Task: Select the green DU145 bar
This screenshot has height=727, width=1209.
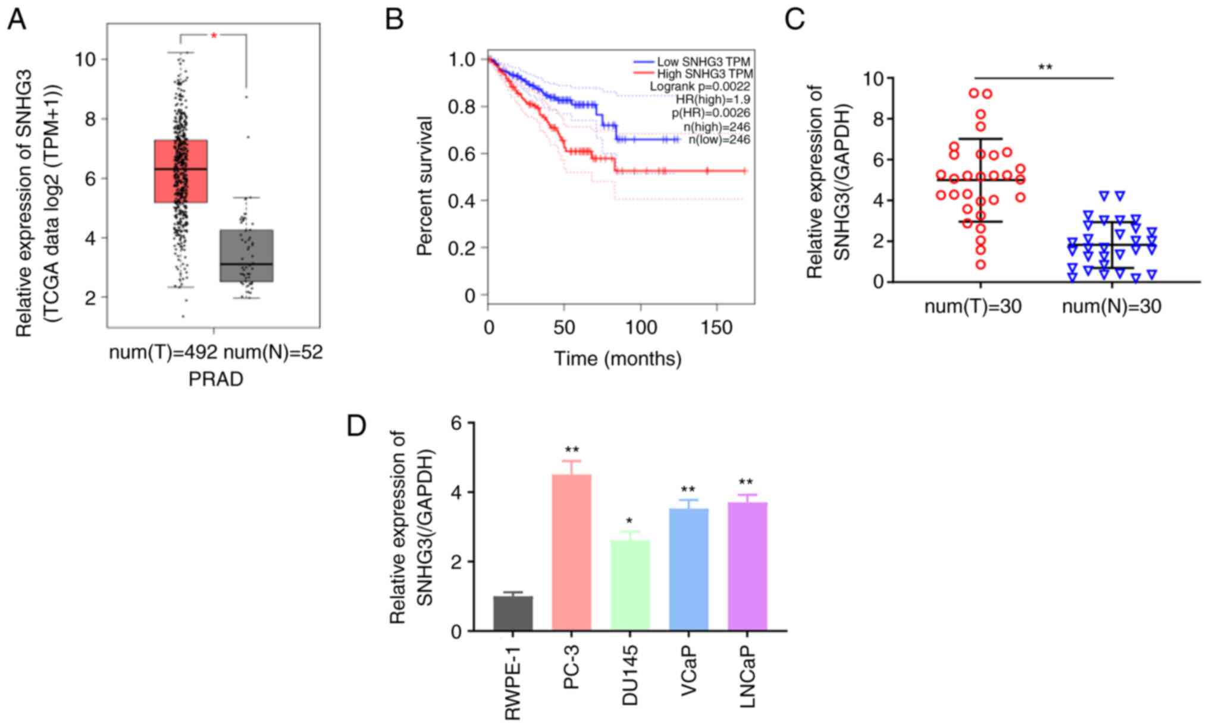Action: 629,585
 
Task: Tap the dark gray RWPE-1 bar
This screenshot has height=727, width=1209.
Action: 513,613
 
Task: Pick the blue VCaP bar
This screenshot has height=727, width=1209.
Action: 688,569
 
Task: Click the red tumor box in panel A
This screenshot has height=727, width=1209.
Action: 180,171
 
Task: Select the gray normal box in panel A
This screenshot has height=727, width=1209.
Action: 246,256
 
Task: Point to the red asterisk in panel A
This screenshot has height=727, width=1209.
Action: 214,36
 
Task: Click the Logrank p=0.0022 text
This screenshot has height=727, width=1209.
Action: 700,87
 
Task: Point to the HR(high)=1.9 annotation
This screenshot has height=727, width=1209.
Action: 713,100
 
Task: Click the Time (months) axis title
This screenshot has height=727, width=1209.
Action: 618,358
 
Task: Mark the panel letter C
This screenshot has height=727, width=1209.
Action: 795,19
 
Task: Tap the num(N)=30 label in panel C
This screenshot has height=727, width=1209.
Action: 1111,306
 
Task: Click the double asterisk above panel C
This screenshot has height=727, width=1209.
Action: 1045,67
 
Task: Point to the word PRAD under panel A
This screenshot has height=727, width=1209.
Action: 215,379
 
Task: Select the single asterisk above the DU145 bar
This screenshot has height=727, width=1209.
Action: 629,522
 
